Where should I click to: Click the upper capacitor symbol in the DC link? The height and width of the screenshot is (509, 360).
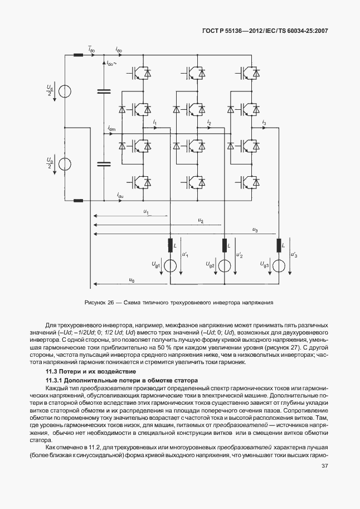pos(103,91)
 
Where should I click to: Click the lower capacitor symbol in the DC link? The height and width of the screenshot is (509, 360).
pos(103,164)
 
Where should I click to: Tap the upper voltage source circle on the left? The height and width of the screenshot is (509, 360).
pos(65,90)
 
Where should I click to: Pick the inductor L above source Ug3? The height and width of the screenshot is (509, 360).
pos(278,245)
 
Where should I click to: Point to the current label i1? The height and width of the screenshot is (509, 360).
pos(154,122)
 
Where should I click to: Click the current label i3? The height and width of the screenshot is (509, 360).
pos(264,122)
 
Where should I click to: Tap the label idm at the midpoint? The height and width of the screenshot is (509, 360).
pos(111,129)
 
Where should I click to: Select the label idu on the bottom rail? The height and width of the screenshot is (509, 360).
pos(120,195)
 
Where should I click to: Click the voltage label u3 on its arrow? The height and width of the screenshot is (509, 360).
pos(255,230)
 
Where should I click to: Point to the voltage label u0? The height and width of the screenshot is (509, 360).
pos(132,279)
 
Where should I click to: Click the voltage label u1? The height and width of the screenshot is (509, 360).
pos(145,211)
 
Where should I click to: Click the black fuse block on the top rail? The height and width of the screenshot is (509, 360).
pos(78,55)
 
